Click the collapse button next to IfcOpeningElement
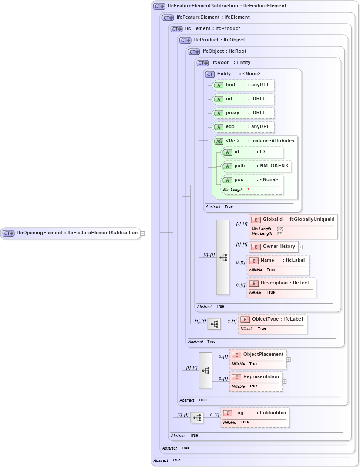click(142, 233)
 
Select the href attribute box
click(244, 85)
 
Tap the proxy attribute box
click(244, 113)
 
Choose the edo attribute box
click(244, 127)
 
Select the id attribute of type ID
click(252, 152)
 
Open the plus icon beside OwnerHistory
click(300, 247)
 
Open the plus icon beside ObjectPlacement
click(289, 360)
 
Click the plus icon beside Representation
click(284, 382)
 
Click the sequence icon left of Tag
click(197, 418)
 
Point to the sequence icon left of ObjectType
click(214, 324)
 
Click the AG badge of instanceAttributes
click(219, 141)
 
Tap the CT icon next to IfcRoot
click(203, 63)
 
